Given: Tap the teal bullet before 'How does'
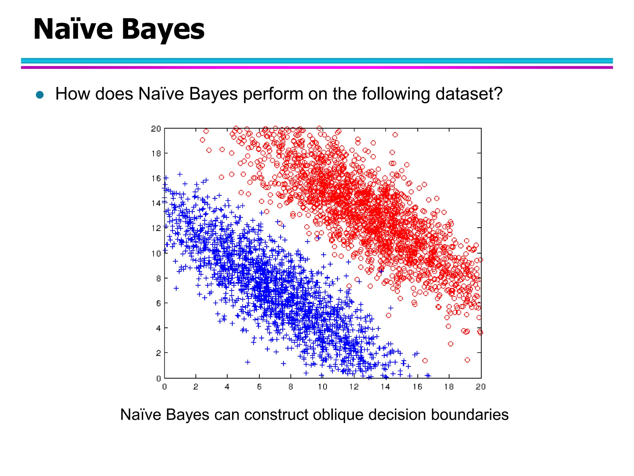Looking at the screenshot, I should [x=40, y=95].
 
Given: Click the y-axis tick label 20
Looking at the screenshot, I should [x=156, y=129].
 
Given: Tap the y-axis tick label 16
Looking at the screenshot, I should [x=156, y=178].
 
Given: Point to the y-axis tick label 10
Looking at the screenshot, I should [x=156, y=253].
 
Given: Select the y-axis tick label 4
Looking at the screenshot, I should [x=158, y=328].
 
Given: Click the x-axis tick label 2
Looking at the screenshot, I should [x=196, y=387].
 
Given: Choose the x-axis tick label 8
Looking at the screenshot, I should [x=290, y=387].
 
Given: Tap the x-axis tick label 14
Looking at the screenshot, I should [x=385, y=387].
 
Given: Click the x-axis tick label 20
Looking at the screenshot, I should [x=480, y=387].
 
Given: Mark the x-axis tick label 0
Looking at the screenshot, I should [x=164, y=387].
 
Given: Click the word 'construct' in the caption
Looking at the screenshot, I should [x=276, y=415].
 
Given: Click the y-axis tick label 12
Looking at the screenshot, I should [x=156, y=228].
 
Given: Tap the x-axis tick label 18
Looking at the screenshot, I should [x=449, y=387].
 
